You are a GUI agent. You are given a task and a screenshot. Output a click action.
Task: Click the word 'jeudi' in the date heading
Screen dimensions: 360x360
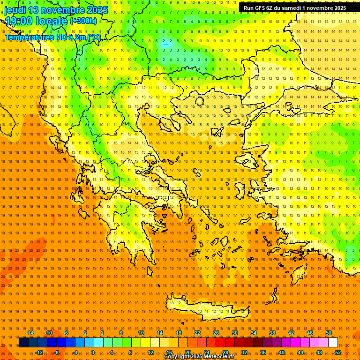tap(16, 10)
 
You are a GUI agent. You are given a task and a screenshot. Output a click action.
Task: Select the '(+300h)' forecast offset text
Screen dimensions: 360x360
tap(83, 21)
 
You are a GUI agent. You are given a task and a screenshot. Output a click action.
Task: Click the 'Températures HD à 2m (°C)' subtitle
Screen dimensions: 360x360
tap(53, 37)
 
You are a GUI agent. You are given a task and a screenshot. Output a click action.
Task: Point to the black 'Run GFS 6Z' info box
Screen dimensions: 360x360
tap(294, 7)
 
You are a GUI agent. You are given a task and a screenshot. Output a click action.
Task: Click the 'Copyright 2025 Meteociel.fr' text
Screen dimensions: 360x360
tap(199, 356)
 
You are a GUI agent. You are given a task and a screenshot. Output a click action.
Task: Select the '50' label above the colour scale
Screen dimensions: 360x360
tap(329, 333)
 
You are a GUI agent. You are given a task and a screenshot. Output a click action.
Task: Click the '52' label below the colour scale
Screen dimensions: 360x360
tap(338, 352)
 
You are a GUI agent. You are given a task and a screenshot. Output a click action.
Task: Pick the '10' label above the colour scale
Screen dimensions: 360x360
tap(141, 333)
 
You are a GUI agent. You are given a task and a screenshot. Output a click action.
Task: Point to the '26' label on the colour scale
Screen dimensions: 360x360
tap(216, 333)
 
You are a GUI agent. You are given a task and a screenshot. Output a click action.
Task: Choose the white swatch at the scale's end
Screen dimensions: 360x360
tap(333, 343)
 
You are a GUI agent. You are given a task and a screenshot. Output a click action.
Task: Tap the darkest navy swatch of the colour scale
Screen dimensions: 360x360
tap(23, 343)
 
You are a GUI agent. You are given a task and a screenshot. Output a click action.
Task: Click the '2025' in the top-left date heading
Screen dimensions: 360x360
tap(97, 10)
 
